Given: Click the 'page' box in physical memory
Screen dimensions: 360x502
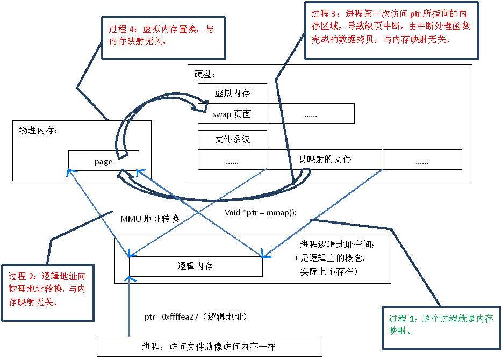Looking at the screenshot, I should point(103,161).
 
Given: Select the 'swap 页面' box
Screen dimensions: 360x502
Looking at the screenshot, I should point(232,114).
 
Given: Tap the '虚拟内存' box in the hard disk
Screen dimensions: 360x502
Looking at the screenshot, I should point(232,93).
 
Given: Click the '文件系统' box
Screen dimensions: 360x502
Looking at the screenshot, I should point(232,139).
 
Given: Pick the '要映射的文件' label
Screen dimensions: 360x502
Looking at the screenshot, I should point(324,160).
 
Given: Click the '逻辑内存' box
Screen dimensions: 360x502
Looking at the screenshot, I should point(196,266).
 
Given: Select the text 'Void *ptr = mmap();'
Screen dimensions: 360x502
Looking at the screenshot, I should point(261,212).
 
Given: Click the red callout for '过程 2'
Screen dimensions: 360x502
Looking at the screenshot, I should point(47,289).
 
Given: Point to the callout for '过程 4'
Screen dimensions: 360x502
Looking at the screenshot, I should point(162,35).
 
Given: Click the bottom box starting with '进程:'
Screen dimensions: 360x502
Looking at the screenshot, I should point(209,347).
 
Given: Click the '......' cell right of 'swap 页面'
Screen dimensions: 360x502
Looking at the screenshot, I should point(310,114).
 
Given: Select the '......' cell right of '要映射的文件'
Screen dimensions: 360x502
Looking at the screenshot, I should point(422,160).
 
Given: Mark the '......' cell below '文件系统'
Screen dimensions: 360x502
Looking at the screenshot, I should point(232,160).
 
